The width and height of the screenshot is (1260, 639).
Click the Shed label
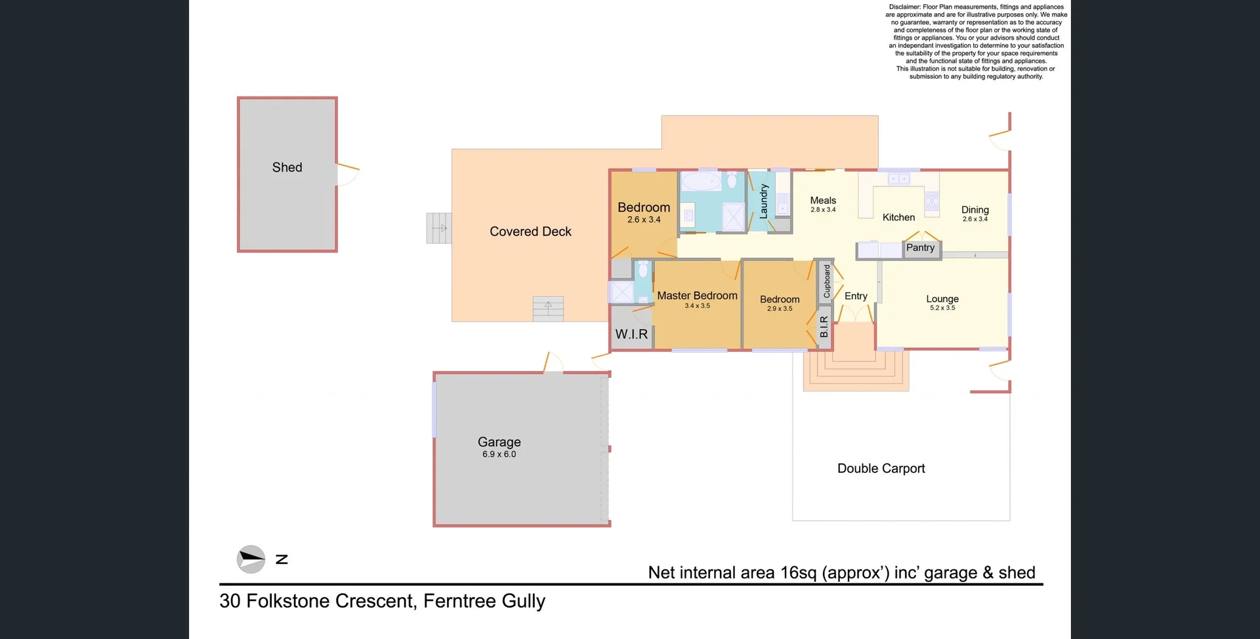click(287, 167)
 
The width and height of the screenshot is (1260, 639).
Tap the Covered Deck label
click(530, 231)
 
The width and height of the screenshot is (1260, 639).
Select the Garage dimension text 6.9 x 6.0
click(499, 454)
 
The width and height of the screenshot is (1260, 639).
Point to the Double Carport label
click(881, 468)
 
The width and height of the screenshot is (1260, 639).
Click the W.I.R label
click(631, 334)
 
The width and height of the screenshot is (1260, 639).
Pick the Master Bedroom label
click(697, 296)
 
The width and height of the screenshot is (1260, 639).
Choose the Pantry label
click(920, 248)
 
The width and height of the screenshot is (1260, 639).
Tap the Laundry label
click(763, 201)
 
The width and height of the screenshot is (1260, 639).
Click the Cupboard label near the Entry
click(827, 281)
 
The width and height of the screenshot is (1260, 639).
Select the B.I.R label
click(824, 327)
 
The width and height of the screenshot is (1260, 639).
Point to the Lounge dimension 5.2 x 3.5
click(942, 308)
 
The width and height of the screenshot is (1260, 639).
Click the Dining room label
click(975, 209)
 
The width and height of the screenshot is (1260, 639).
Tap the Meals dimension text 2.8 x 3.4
click(823, 210)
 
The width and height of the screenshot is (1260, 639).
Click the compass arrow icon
click(251, 560)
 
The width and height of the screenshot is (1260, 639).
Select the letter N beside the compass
click(282, 560)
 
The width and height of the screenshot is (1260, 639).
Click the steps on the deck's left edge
click(439, 228)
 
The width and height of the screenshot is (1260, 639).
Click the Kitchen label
click(898, 217)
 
